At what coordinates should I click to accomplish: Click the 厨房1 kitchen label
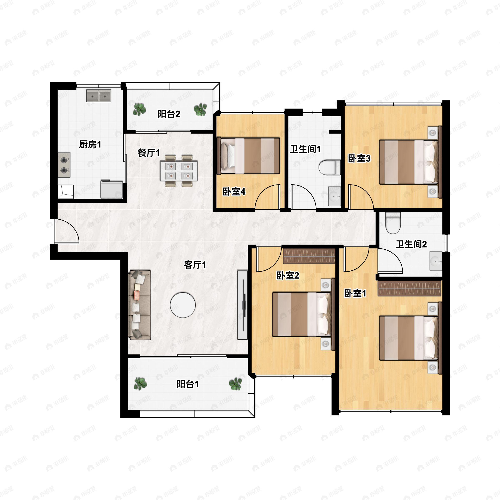[90, 144]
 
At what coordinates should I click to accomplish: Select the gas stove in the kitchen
[64, 165]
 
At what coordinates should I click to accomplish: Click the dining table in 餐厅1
[179, 171]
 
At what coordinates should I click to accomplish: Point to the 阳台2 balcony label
[169, 114]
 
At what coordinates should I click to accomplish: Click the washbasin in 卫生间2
[436, 261]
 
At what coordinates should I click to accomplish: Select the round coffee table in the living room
[183, 305]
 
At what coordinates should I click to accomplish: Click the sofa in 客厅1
[140, 305]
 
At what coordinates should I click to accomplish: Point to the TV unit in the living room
[242, 305]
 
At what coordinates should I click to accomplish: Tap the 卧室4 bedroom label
[234, 192]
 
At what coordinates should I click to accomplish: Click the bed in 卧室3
[409, 162]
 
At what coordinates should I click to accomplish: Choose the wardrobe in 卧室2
[309, 256]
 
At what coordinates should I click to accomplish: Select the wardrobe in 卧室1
[410, 288]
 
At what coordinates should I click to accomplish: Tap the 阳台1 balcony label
[188, 384]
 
